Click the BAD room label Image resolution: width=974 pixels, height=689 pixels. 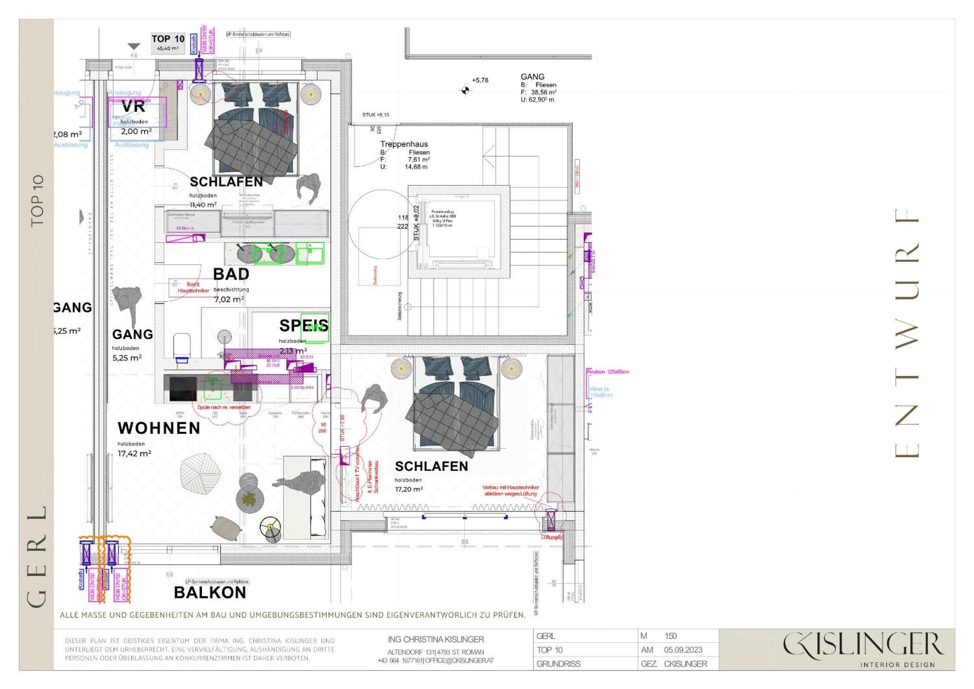point(231,274)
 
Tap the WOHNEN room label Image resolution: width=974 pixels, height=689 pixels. point(159,428)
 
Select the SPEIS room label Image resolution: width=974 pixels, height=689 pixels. point(303,325)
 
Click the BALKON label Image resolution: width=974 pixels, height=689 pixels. point(210,593)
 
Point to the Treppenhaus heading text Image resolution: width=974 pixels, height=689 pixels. point(404,144)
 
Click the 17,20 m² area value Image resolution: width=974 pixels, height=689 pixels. point(408,489)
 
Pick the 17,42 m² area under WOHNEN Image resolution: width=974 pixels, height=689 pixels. point(134,454)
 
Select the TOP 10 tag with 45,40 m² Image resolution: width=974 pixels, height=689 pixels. point(167,43)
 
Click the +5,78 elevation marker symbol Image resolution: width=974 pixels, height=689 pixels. point(465,90)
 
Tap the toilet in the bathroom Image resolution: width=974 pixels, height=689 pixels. point(182,345)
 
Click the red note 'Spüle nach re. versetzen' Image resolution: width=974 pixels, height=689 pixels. point(223,407)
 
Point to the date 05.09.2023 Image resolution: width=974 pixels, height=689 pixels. point(683,650)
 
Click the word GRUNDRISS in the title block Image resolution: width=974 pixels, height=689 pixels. point(558,664)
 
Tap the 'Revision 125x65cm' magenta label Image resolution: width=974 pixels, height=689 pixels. point(607,372)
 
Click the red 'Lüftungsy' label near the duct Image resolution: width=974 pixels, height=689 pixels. point(551,537)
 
